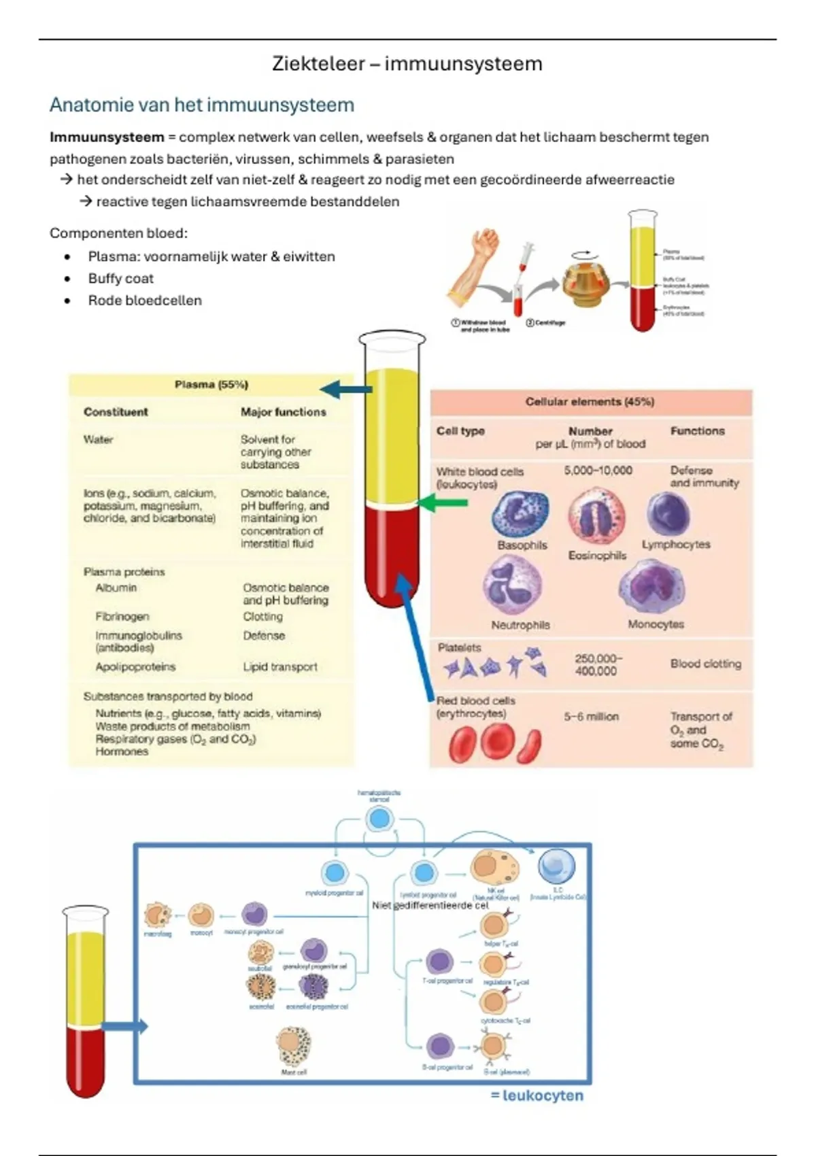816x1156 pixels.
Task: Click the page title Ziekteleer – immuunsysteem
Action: coord(407,64)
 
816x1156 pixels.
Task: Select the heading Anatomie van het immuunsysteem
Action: coord(202,105)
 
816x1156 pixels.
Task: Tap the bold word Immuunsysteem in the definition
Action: coord(107,137)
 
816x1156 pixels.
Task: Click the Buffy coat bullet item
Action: coord(120,279)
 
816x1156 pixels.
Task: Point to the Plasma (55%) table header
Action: coord(211,385)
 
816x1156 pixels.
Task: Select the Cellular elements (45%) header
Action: coord(590,402)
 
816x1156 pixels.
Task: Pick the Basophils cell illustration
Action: coord(520,514)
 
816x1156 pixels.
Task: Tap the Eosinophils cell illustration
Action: coord(596,517)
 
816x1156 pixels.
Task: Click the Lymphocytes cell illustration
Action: coord(668,514)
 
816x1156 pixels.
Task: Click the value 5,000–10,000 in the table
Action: coord(598,471)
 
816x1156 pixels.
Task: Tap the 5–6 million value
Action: coord(591,717)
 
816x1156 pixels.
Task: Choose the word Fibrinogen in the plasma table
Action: coord(122,617)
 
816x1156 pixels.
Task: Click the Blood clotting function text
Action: coord(705,664)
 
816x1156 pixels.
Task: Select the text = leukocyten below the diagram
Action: coord(537,1095)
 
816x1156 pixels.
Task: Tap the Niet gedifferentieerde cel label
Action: coord(430,906)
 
